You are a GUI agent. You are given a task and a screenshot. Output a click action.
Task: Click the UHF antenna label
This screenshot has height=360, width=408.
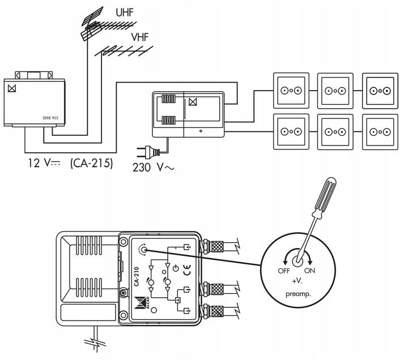(x=124, y=12)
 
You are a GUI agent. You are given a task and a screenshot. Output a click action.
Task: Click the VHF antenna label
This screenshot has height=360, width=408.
(x=140, y=37)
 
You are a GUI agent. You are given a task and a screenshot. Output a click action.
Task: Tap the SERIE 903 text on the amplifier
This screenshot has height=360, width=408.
(x=50, y=118)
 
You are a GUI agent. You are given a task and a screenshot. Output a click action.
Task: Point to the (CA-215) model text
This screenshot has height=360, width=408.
(x=92, y=164)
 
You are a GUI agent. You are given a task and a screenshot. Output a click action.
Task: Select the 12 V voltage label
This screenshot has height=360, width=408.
(x=44, y=163)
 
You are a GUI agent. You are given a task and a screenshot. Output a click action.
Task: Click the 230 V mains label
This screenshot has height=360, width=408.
(x=153, y=168)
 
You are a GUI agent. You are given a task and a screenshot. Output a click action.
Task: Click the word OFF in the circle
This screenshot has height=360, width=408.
(x=284, y=271)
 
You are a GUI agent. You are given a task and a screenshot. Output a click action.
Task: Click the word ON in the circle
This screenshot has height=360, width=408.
(x=309, y=271)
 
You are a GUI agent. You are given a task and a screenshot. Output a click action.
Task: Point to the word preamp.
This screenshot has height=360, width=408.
(x=298, y=294)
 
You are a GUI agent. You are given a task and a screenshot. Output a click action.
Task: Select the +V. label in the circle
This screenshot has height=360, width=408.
(x=297, y=281)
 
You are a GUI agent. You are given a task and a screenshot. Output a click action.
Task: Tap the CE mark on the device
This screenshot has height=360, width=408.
(x=187, y=270)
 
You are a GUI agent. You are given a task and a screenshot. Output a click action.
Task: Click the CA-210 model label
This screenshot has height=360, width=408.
(x=137, y=276)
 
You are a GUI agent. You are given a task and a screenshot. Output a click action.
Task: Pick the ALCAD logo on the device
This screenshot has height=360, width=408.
(x=142, y=303)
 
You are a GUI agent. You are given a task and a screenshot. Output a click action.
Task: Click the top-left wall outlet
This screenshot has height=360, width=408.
(x=291, y=91)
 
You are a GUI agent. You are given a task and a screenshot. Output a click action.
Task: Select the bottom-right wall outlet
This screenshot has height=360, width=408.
(x=380, y=132)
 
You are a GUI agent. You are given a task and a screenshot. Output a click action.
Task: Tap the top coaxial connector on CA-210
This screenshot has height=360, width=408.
(x=212, y=246)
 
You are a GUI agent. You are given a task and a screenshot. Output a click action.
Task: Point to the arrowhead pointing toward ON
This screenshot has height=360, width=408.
(x=309, y=262)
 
